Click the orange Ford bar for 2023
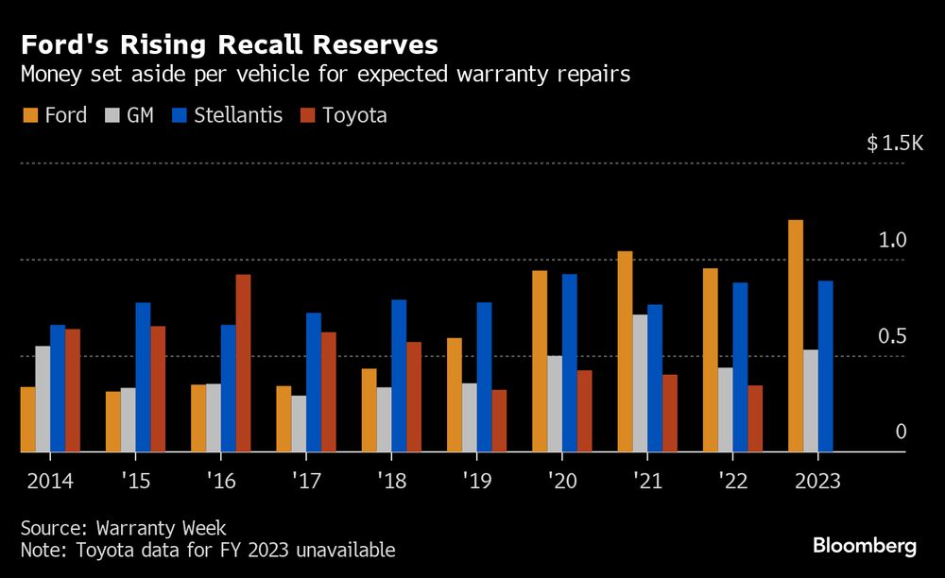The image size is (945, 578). [x=796, y=336]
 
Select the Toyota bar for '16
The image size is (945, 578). [x=243, y=364]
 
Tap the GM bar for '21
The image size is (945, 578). [x=640, y=383]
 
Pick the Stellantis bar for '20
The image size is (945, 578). [x=570, y=364]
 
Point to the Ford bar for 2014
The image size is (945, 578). [x=28, y=419]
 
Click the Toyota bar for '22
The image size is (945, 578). [x=755, y=418]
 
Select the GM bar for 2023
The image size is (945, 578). [x=811, y=401]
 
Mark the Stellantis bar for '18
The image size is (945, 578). [x=399, y=376]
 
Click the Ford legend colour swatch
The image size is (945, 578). [x=30, y=116]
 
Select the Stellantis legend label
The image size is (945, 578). [x=238, y=115]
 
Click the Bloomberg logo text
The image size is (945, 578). [x=865, y=545]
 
